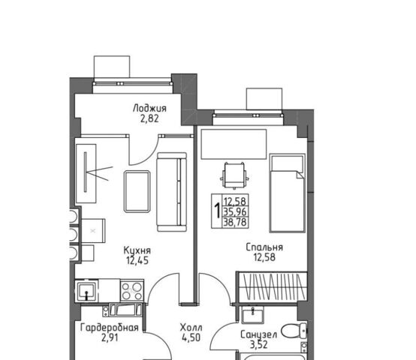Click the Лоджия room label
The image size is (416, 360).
[149, 108]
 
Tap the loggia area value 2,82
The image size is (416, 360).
[149, 118]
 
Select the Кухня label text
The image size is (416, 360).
[137, 250]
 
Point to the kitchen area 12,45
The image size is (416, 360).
[137, 261]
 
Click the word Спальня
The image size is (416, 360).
[264, 247]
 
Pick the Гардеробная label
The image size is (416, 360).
[110, 328]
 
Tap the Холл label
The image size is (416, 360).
[191, 328]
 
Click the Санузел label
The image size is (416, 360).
[258, 334]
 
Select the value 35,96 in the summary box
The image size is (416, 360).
[235, 211]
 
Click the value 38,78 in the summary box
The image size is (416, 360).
[235, 222]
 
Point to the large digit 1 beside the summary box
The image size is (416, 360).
[217, 211]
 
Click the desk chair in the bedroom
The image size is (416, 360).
[234, 175]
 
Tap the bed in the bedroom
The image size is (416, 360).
[288, 193]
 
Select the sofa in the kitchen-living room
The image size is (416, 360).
[172, 192]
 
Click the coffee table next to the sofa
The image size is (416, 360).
[137, 191]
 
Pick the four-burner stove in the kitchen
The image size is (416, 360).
[132, 291]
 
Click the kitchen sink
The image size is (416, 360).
[87, 291]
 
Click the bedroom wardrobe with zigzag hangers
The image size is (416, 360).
[272, 286]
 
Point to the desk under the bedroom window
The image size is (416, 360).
[234, 144]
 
